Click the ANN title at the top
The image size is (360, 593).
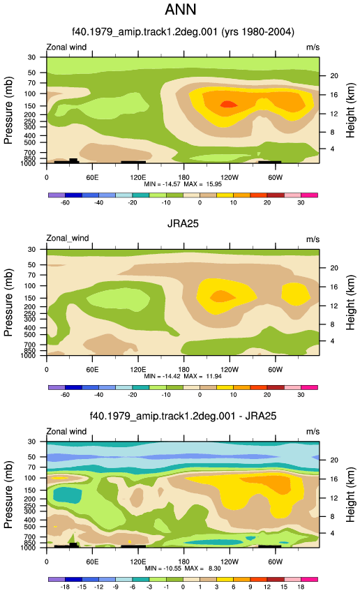coord(181,10)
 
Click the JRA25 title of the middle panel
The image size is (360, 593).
coord(183,223)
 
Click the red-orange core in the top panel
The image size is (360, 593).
coord(227,104)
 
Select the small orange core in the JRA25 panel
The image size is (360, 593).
coord(223,296)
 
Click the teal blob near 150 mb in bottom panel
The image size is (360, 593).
coord(68,495)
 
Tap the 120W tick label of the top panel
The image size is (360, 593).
coord(230,177)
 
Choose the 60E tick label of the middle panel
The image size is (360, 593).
coord(92,370)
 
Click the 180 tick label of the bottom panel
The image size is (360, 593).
coord(183,562)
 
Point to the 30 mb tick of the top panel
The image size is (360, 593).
coord(31,57)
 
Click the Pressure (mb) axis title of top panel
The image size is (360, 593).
coord(8,110)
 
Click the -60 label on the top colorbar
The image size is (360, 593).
coord(65,203)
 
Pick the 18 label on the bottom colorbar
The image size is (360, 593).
coord(301,587)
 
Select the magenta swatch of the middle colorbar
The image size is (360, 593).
coord(309,387)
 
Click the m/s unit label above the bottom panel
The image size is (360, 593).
coord(313,432)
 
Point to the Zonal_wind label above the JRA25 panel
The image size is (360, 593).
coord(67,239)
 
